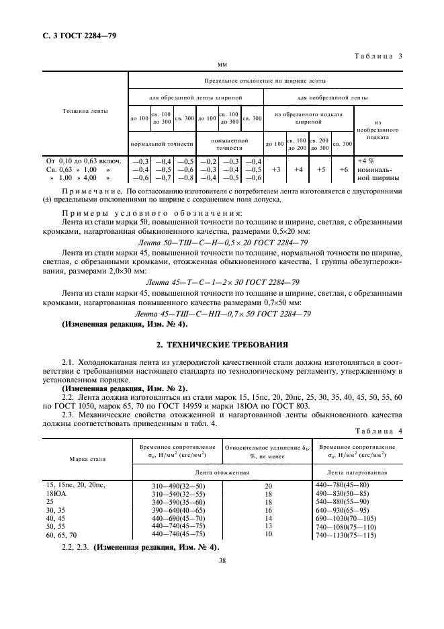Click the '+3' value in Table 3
tap(274, 170)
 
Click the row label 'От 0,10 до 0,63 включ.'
tap(83, 161)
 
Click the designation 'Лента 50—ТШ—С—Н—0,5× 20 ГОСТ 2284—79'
tap(222, 242)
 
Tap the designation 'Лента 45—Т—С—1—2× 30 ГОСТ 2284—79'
tap(222, 283)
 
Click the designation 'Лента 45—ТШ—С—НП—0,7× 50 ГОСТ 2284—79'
tap(222, 314)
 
